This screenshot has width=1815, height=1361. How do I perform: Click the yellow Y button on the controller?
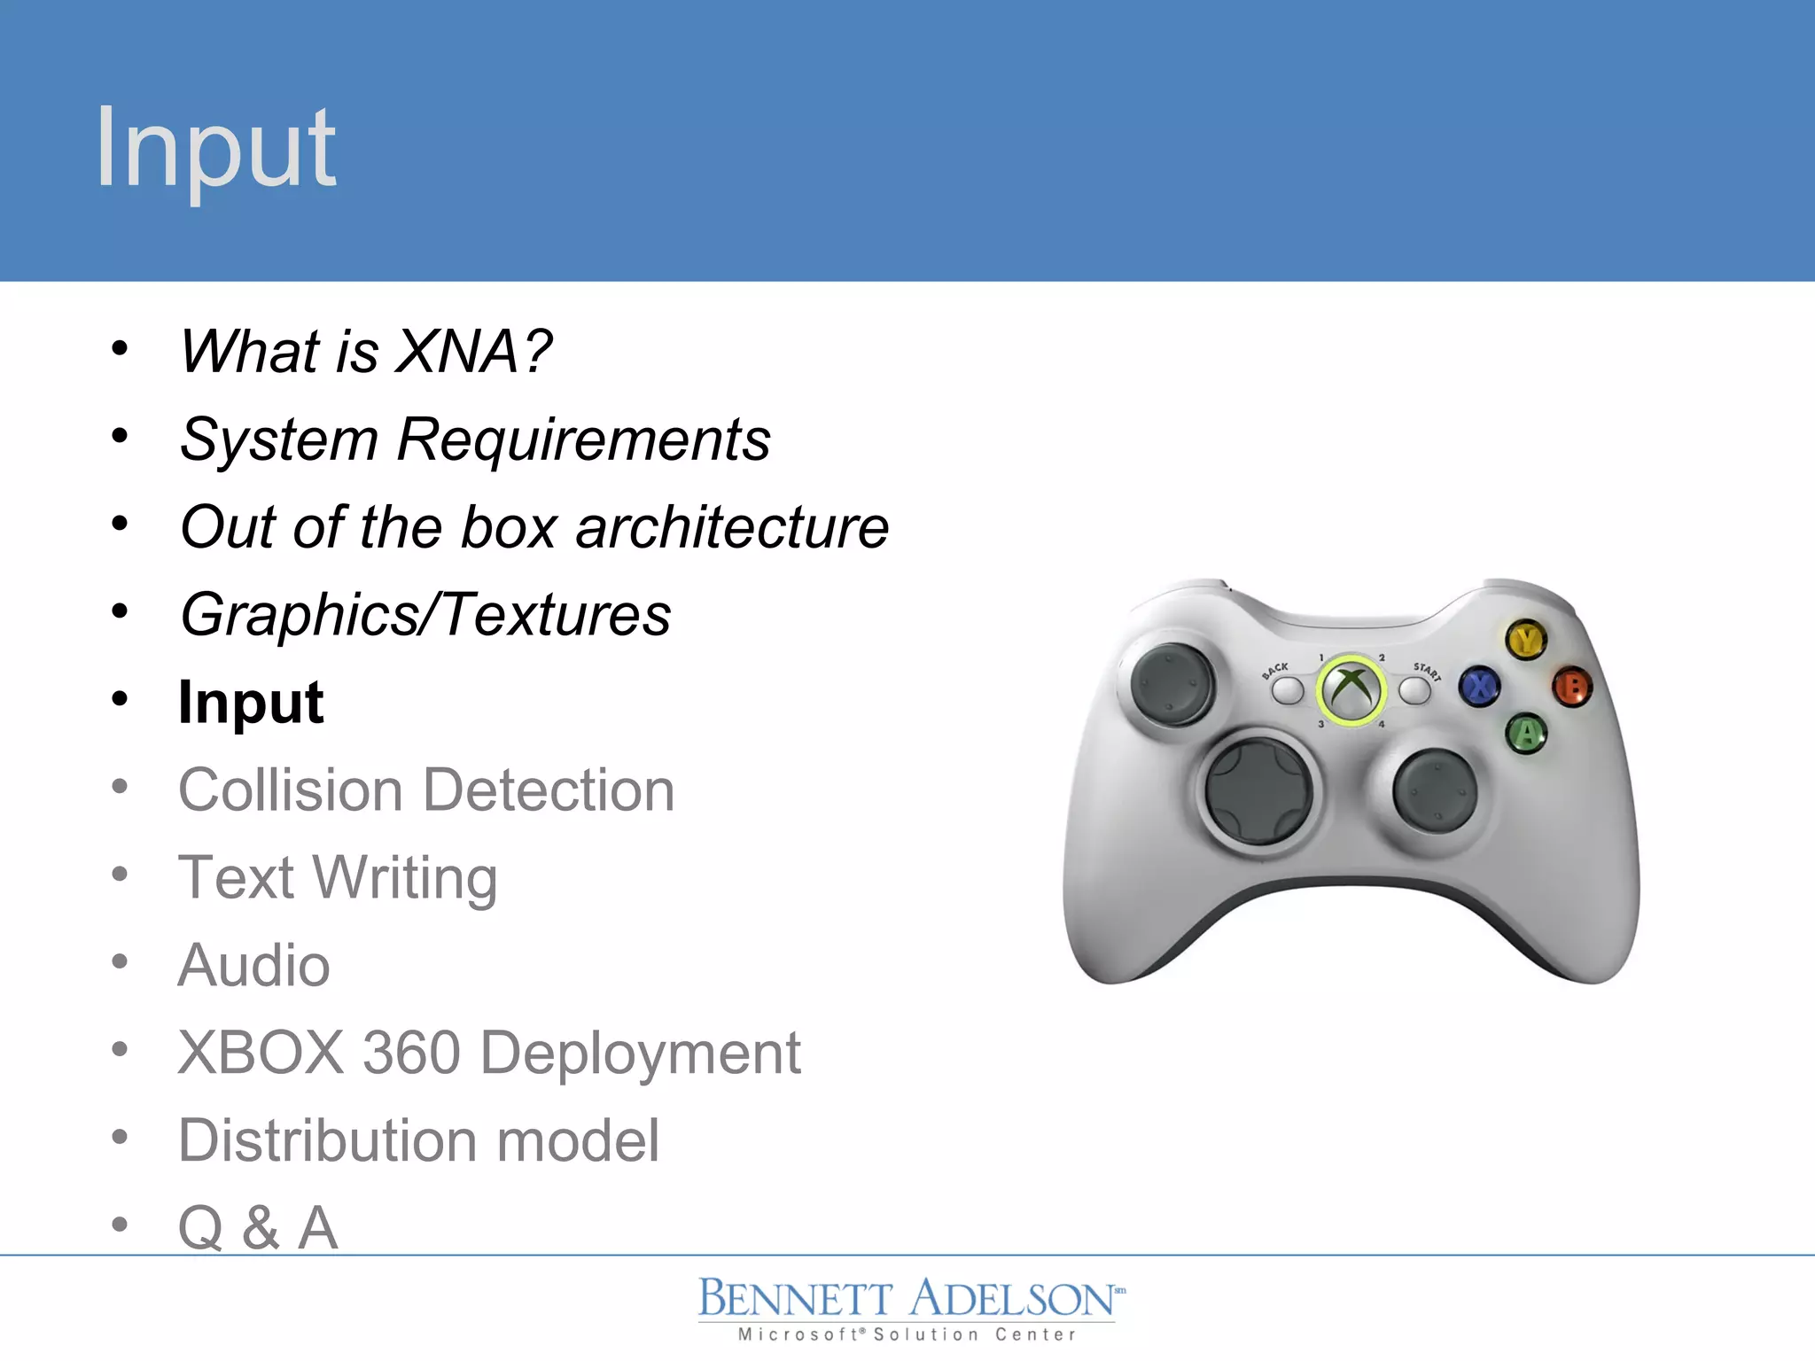tap(1526, 640)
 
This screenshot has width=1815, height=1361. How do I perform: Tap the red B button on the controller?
tap(1573, 687)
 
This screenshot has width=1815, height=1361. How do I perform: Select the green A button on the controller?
tap(1526, 734)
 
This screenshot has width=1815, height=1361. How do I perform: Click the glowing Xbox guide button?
tap(1351, 690)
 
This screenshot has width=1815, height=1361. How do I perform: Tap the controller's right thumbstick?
tap(1435, 791)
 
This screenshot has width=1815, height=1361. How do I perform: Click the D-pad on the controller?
tap(1258, 791)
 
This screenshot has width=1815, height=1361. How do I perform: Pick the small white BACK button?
tap(1288, 691)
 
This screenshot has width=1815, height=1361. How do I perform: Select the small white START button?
tap(1414, 691)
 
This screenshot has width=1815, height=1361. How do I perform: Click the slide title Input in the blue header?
tap(215, 147)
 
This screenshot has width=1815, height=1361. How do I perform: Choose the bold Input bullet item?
tap(251, 702)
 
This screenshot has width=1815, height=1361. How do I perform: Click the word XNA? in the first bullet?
tap(473, 351)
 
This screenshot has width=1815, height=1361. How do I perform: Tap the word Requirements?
tap(583, 439)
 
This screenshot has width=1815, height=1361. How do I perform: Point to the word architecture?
tap(732, 527)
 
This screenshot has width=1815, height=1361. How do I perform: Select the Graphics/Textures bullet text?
tap(425, 615)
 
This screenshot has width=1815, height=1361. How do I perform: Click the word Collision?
tap(291, 789)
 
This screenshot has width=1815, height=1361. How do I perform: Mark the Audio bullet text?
tap(253, 965)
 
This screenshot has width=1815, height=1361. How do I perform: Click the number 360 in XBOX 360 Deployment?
tap(411, 1053)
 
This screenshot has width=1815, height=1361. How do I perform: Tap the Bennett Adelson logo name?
tap(907, 1299)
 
